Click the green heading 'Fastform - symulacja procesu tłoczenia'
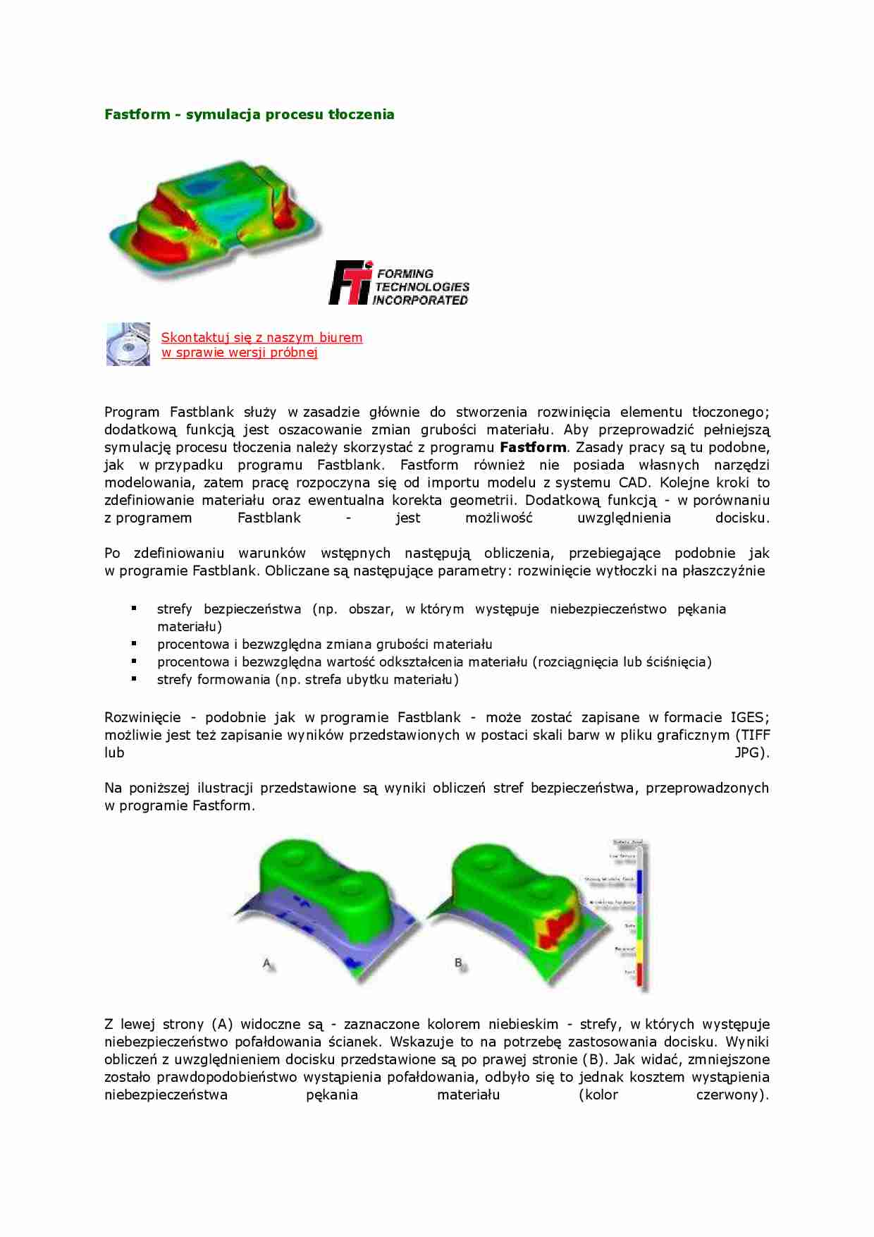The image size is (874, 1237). (x=249, y=114)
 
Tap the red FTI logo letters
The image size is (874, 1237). (x=350, y=283)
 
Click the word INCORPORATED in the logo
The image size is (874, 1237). (x=420, y=300)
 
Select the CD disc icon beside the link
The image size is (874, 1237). (x=128, y=344)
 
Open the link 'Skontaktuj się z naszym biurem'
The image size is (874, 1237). (x=261, y=337)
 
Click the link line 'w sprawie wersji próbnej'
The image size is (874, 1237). (x=239, y=353)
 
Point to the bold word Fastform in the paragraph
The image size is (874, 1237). (x=532, y=447)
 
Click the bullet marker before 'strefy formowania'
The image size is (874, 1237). (x=134, y=678)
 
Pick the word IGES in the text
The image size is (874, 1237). (x=746, y=717)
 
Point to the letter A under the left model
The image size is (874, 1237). (x=267, y=963)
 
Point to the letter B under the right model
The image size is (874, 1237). (x=459, y=963)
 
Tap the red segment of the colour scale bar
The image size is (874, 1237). (x=640, y=976)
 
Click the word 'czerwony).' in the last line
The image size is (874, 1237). (x=732, y=1095)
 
